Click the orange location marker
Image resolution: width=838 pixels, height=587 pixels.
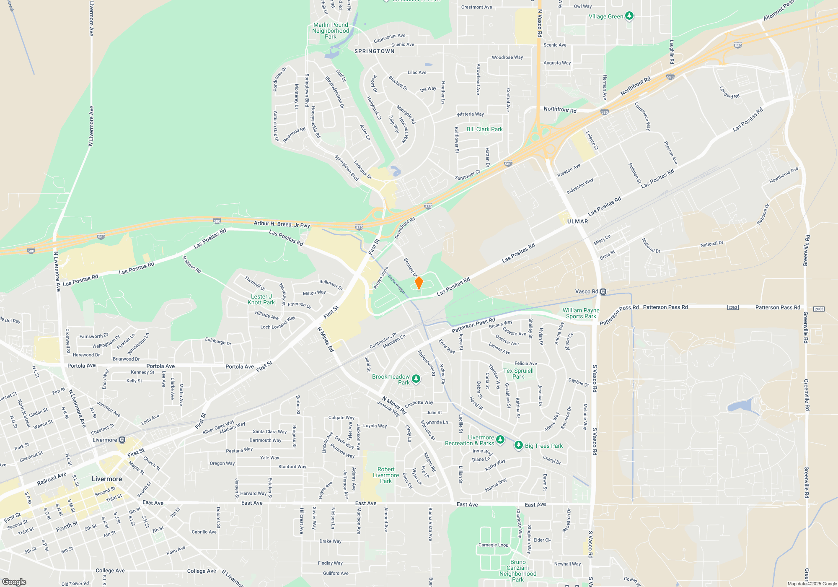(419, 283)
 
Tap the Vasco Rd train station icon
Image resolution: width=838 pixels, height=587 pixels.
(603, 291)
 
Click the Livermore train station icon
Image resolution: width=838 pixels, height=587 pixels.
(122, 440)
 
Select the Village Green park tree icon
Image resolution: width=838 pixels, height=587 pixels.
(629, 16)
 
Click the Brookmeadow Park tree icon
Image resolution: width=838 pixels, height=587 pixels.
(416, 379)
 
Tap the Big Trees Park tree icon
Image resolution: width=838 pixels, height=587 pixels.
(518, 445)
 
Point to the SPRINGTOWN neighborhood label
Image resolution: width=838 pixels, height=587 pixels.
(374, 51)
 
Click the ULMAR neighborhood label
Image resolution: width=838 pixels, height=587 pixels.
(577, 221)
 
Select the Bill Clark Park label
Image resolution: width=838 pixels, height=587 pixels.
(484, 129)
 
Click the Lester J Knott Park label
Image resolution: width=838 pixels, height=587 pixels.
(261, 299)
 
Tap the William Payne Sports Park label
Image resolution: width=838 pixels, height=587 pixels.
(581, 313)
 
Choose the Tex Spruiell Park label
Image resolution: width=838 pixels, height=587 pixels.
(518, 374)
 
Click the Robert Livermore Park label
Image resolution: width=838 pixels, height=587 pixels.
(386, 475)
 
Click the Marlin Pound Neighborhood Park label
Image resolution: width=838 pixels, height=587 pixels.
(331, 31)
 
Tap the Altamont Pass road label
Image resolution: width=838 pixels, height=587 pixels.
(778, 11)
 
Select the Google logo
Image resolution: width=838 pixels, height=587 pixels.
(14, 582)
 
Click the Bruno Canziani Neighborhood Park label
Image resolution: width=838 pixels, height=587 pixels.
(518, 571)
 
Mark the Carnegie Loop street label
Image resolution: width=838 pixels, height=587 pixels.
(493, 545)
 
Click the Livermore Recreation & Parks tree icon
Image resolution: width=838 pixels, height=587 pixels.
(500, 440)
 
